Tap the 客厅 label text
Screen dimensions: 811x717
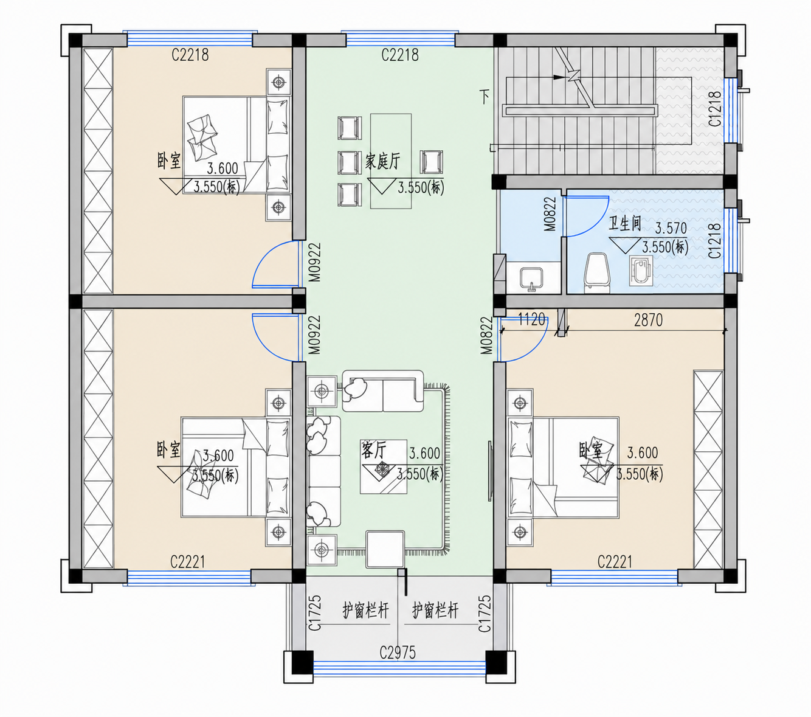[373, 450]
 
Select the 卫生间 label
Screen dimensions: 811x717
[625, 224]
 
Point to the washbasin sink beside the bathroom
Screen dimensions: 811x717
[531, 279]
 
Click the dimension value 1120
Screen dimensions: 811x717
[531, 319]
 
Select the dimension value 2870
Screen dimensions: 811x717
[649, 320]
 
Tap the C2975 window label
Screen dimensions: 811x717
[398, 653]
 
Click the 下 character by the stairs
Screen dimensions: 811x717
[485, 97]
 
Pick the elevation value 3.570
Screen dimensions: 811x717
[671, 228]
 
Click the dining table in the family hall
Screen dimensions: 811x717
[391, 161]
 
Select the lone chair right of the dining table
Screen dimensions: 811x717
[431, 162]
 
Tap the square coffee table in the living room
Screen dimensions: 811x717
[384, 466]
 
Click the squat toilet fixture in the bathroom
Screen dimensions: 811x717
[641, 271]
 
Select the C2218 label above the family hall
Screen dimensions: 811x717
[400, 55]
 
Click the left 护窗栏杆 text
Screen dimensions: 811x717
[365, 611]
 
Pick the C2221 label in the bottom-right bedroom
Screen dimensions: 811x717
[615, 562]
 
